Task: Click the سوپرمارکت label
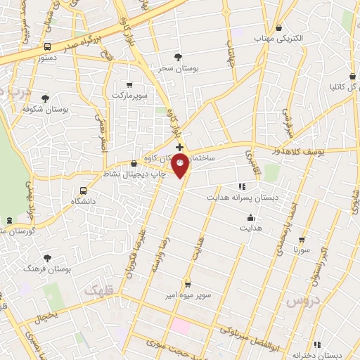coord(131,94)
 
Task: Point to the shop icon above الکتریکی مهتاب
coord(280,27)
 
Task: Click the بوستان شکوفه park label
coord(44,109)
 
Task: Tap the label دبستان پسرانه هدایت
coord(243,198)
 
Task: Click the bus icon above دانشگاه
coord(84,191)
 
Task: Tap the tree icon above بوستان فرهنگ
coord(47,258)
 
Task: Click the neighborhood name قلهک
coord(98,289)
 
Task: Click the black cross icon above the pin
coord(180,147)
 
